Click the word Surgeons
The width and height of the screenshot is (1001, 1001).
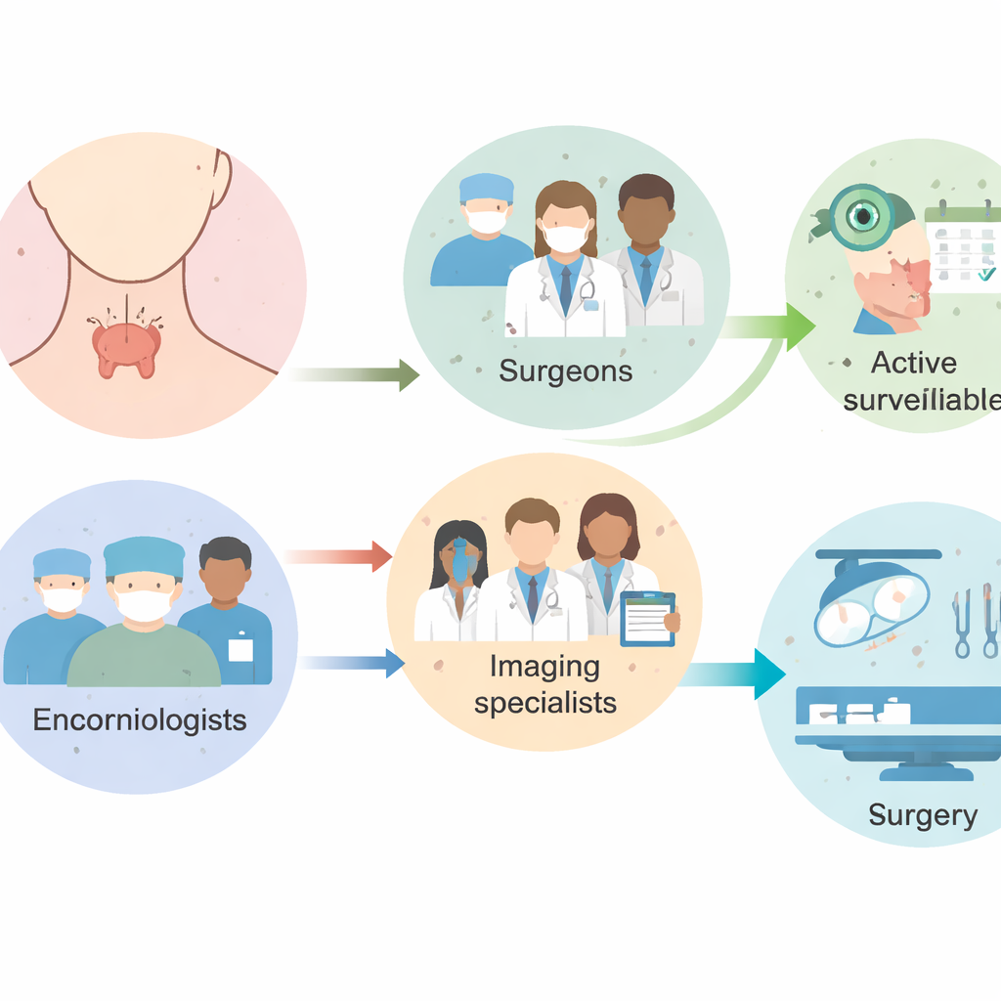click(x=565, y=371)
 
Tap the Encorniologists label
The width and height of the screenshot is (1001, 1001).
click(x=139, y=720)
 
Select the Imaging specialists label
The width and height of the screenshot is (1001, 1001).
click(x=544, y=684)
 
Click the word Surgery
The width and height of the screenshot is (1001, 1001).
click(x=923, y=814)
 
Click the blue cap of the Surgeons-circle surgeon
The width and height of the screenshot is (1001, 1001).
click(x=486, y=187)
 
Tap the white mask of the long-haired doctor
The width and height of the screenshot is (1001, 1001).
click(x=565, y=235)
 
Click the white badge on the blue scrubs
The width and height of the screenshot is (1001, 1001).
click(x=239, y=650)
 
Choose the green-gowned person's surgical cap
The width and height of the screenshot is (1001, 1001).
click(x=144, y=556)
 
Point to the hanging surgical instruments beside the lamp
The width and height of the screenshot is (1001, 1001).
click(x=976, y=622)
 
